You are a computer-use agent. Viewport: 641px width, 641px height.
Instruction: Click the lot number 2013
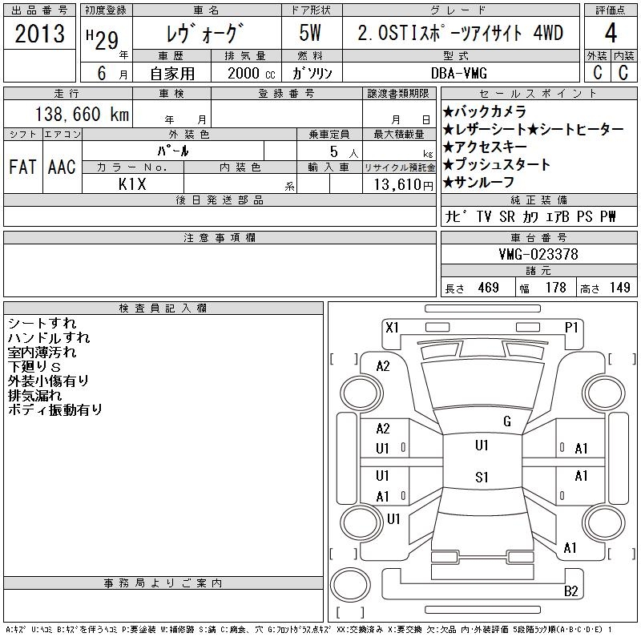click(39, 34)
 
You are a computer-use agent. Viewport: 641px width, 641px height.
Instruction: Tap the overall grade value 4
click(611, 34)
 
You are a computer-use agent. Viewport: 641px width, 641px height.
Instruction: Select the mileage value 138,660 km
click(80, 115)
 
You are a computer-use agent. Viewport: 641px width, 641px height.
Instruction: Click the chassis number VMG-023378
click(538, 255)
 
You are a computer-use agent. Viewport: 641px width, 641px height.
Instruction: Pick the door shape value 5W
click(312, 34)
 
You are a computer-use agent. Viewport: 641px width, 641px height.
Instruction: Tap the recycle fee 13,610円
click(399, 184)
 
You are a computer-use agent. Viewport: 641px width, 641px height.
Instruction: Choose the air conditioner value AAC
click(62, 167)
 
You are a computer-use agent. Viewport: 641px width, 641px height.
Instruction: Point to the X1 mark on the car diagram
click(392, 327)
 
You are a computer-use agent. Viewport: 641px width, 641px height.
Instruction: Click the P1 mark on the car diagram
click(571, 327)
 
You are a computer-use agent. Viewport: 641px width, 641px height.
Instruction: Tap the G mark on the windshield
click(506, 421)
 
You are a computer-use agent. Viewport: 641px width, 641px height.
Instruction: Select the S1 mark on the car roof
click(482, 478)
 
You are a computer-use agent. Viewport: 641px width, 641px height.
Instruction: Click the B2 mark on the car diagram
click(570, 591)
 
